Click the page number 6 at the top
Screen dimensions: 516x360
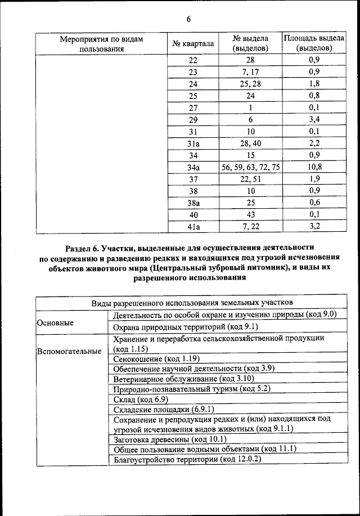click(189, 20)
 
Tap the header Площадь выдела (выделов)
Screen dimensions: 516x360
click(314, 43)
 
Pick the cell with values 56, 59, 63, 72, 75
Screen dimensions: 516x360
click(251, 168)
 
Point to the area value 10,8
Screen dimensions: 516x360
click(314, 168)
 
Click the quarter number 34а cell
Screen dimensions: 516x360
click(193, 168)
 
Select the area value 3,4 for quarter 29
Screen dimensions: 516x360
click(314, 120)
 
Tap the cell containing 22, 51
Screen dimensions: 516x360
click(251, 180)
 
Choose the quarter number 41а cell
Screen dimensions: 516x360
click(193, 227)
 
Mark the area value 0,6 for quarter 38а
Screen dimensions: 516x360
click(314, 203)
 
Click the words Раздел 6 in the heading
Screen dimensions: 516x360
click(83, 248)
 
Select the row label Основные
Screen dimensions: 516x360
click(55, 324)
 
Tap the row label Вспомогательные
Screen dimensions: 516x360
click(69, 352)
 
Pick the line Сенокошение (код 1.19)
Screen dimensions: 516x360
click(156, 358)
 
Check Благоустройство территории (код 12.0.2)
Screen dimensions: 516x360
click(188, 459)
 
